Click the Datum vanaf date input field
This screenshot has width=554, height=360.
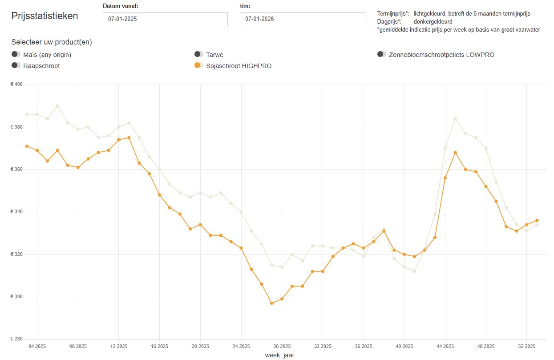pyautogui.click(x=165, y=20)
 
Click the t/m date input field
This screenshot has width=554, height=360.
pyautogui.click(x=302, y=20)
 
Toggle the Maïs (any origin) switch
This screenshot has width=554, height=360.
pyautogui.click(x=16, y=54)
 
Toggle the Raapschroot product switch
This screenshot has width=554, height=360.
pyautogui.click(x=16, y=65)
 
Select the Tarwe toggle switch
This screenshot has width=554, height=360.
pyautogui.click(x=199, y=54)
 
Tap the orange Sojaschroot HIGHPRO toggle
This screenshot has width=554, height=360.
pyautogui.click(x=199, y=65)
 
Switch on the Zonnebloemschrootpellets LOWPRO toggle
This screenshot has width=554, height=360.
pyautogui.click(x=381, y=54)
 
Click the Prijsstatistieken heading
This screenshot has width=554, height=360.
pyautogui.click(x=44, y=16)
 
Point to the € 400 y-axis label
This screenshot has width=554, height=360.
pyautogui.click(x=16, y=85)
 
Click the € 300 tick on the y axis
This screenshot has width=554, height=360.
pyautogui.click(x=16, y=297)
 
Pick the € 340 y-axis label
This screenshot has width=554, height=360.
pyautogui.click(x=16, y=212)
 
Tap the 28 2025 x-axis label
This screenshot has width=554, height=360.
pyautogui.click(x=282, y=346)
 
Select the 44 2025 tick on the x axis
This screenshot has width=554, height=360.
pyautogui.click(x=445, y=346)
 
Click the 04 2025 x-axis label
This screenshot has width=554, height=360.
pyautogui.click(x=37, y=346)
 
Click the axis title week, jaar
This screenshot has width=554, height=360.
pyautogui.click(x=279, y=355)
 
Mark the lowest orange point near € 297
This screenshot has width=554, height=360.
pyautogui.click(x=271, y=303)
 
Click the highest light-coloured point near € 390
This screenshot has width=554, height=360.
pyautogui.click(x=57, y=106)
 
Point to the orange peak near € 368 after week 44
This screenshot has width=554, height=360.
pyautogui.click(x=455, y=153)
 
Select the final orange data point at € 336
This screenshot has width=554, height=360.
pyautogui.click(x=537, y=220)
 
